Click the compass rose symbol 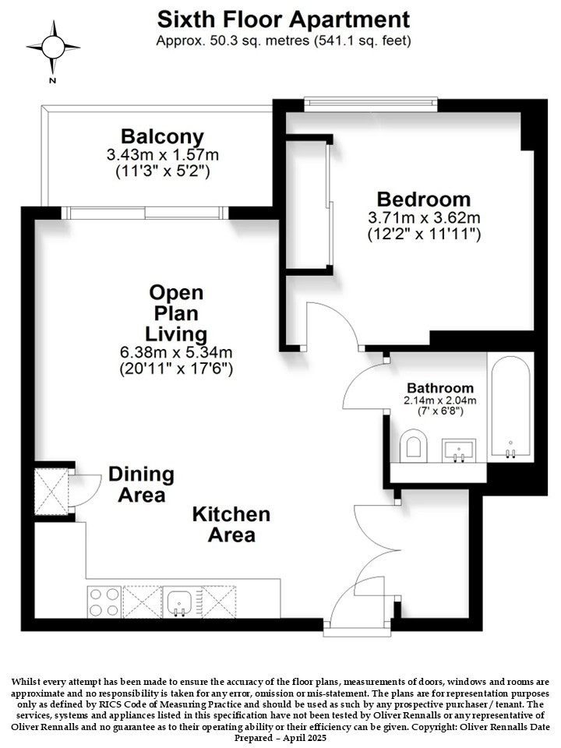coord(53,48)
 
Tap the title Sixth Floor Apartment coord(284,19)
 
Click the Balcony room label coord(162,136)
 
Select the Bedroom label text coord(424,199)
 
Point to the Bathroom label coord(439,388)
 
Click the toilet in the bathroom coord(413,446)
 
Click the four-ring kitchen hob coord(104,602)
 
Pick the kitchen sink coord(180,602)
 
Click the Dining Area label coord(141,485)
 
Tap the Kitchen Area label coord(231,524)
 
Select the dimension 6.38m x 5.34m coord(176,352)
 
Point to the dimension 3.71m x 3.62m coord(424,218)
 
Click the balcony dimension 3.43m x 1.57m coord(163,154)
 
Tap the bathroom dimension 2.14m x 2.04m coord(439,400)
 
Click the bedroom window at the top coord(371,104)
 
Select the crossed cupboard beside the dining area coord(51,492)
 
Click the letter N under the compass coord(52,80)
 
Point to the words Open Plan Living coord(176,313)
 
